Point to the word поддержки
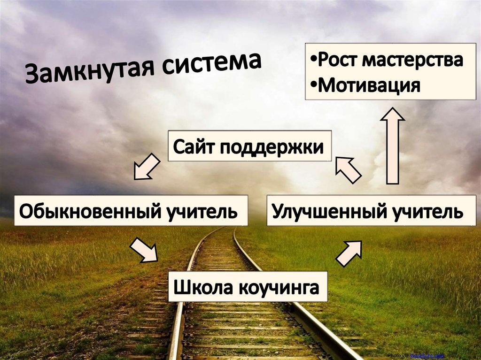click(272, 147)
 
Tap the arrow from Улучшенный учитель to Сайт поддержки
click(348, 169)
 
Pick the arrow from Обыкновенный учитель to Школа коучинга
click(144, 249)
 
